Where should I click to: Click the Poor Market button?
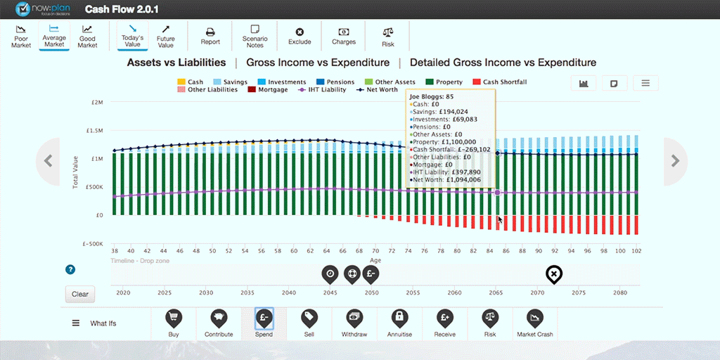tap(22, 36)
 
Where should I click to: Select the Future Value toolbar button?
tap(165, 36)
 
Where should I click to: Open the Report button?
tap(210, 36)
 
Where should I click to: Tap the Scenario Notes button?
tap(255, 36)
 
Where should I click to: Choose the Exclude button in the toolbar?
tap(300, 36)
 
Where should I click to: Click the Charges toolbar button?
tap(344, 36)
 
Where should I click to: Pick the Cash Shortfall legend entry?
tap(500, 82)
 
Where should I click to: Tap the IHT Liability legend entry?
tap(322, 90)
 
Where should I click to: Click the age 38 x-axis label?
tap(114, 250)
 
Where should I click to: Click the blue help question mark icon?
tap(70, 269)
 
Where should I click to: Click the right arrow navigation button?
tap(676, 161)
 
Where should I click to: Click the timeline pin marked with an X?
tap(554, 274)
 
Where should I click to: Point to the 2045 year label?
tap(330, 292)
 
